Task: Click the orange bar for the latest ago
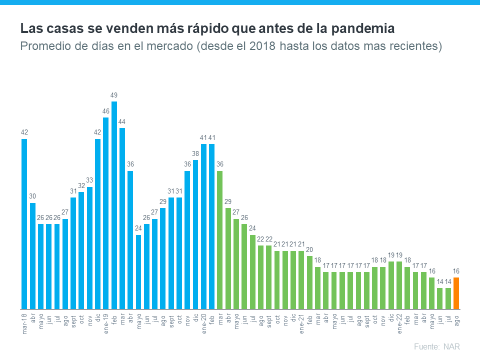pyautogui.click(x=456, y=293)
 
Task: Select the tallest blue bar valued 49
pyautogui.click(x=114, y=205)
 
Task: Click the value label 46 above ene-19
pyautogui.click(x=106, y=111)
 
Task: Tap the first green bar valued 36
pyautogui.click(x=220, y=240)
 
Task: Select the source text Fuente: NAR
pyautogui.click(x=436, y=346)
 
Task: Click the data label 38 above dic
pyautogui.click(x=195, y=153)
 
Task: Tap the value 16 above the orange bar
pyautogui.click(x=456, y=271)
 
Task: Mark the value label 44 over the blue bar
pyautogui.click(x=122, y=121)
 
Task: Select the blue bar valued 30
pyautogui.click(x=32, y=255)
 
